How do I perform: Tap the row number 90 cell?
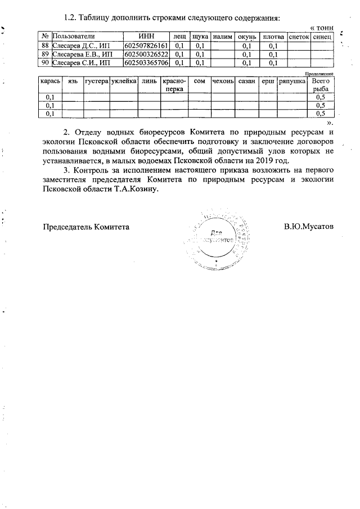click(46, 62)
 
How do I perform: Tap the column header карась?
click(49, 82)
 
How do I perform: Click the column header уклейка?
click(124, 82)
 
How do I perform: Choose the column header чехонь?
click(223, 82)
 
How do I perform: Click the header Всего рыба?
click(321, 85)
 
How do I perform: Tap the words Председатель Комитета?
click(87, 227)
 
